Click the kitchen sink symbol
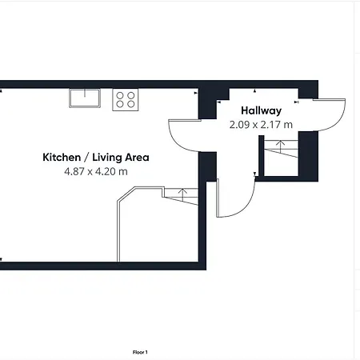click(83, 98)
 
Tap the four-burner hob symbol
click(125, 98)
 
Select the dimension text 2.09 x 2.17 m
click(261, 125)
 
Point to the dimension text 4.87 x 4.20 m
click(95, 171)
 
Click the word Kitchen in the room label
click(62, 158)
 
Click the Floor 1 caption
click(141, 351)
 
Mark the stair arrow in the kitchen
click(183, 192)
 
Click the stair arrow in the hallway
click(279, 146)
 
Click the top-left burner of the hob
click(120, 94)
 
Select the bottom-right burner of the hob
click(130, 103)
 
